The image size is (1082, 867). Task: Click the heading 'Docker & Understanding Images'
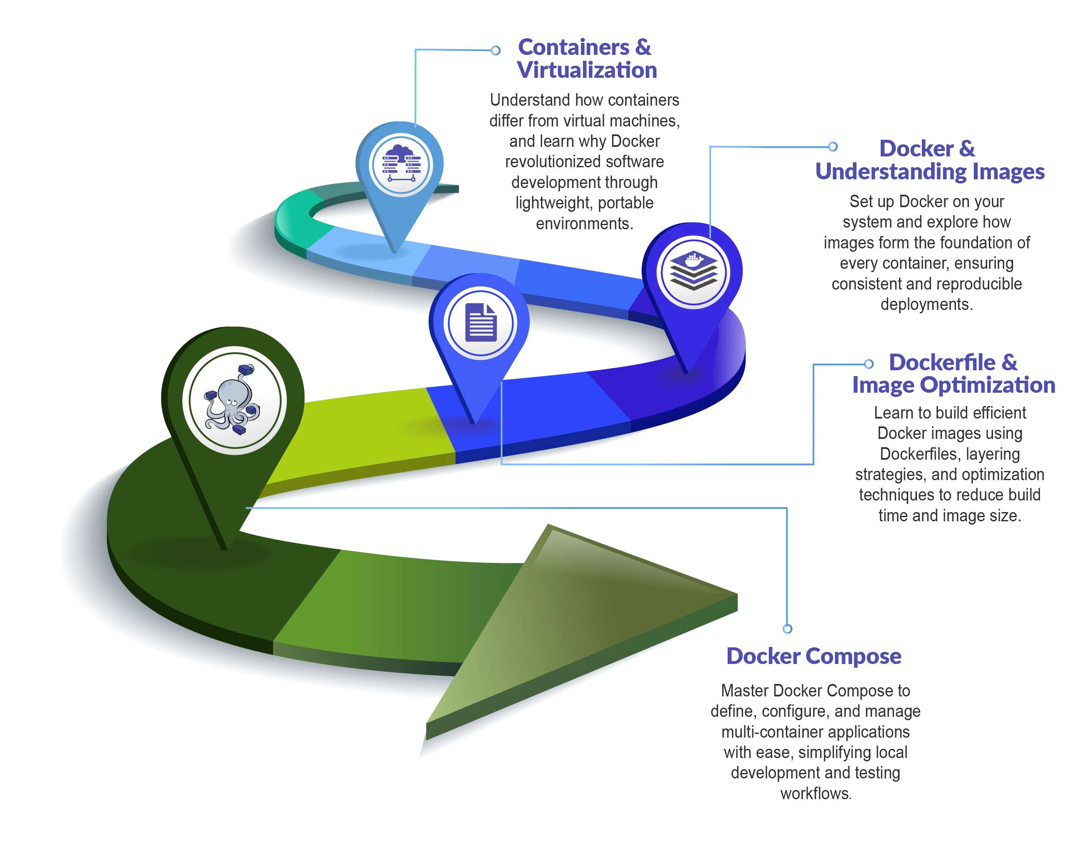929,160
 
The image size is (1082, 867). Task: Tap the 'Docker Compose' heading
813,656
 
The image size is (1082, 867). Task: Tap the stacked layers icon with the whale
693,271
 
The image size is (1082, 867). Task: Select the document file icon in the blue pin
481,322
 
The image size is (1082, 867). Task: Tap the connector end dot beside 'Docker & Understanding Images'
832,146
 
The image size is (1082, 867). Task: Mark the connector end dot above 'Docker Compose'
788,628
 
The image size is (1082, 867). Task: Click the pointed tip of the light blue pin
395,251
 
